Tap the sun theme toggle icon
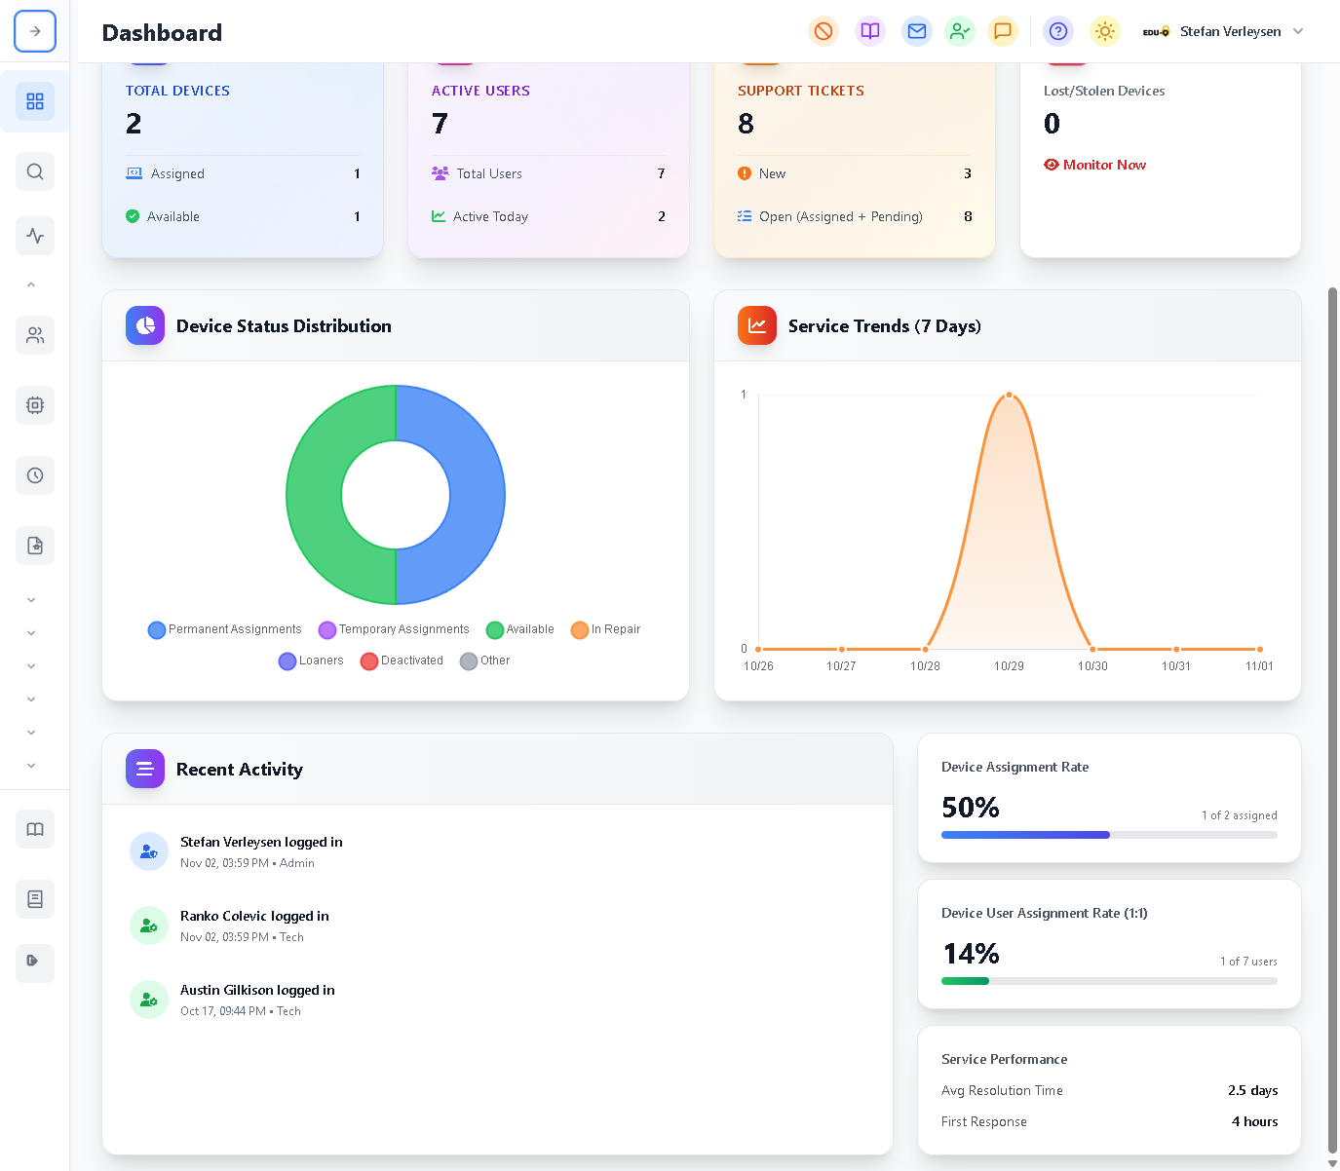(1104, 31)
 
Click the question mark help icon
(1057, 31)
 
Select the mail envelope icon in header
(916, 31)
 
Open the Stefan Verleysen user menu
(1230, 31)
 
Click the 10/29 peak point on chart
(1009, 395)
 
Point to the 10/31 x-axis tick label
(1175, 666)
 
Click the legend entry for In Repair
(606, 629)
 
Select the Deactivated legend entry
(402, 661)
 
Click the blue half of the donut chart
(477, 495)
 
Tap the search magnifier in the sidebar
(35, 171)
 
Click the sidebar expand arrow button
(35, 31)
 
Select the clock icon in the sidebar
(35, 475)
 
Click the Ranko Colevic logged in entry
(254, 916)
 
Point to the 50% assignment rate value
(970, 807)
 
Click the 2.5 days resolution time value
(1252, 1090)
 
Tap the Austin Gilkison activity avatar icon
(149, 1000)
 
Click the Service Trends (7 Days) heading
(884, 326)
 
